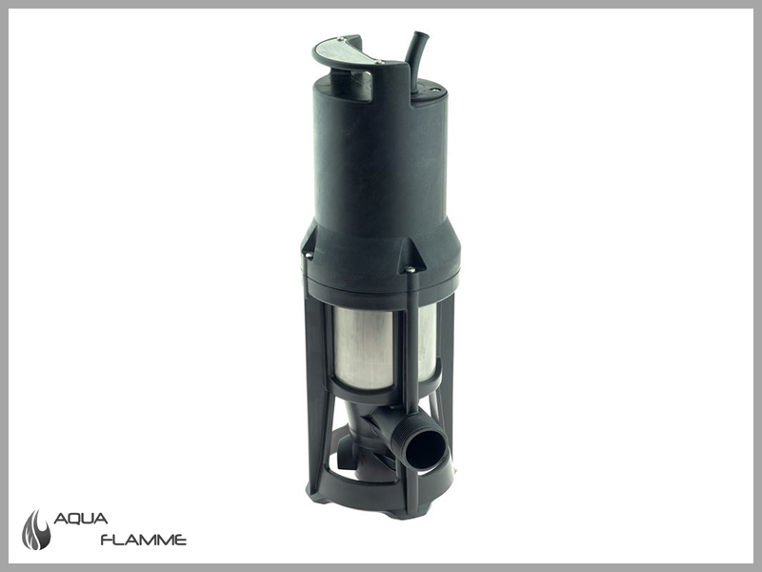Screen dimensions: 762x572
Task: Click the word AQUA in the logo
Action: [80, 519]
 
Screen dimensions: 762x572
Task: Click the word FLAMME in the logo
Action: [144, 540]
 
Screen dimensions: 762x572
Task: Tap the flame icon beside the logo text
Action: [36, 530]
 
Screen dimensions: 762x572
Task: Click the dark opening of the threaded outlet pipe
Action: [424, 451]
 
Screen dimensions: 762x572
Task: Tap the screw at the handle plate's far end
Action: [341, 39]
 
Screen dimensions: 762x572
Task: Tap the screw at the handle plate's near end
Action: [378, 62]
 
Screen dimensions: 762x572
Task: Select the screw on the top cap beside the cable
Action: [436, 90]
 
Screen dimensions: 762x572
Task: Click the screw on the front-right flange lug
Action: [410, 269]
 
